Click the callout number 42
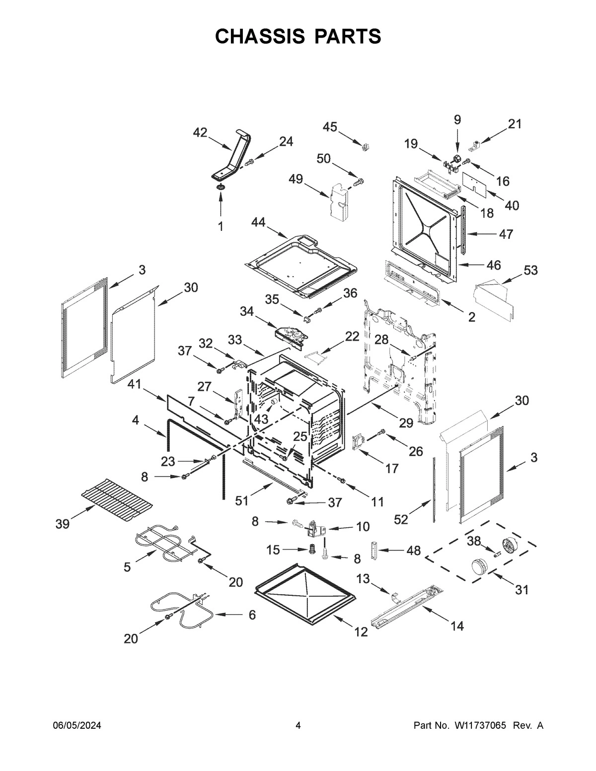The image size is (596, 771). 200,132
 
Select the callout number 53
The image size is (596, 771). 530,271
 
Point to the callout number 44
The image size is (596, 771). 258,222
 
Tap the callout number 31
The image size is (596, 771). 521,590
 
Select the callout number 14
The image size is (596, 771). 456,627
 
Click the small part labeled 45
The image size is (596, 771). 366,145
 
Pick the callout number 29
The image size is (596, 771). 406,422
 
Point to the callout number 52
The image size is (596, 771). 401,519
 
